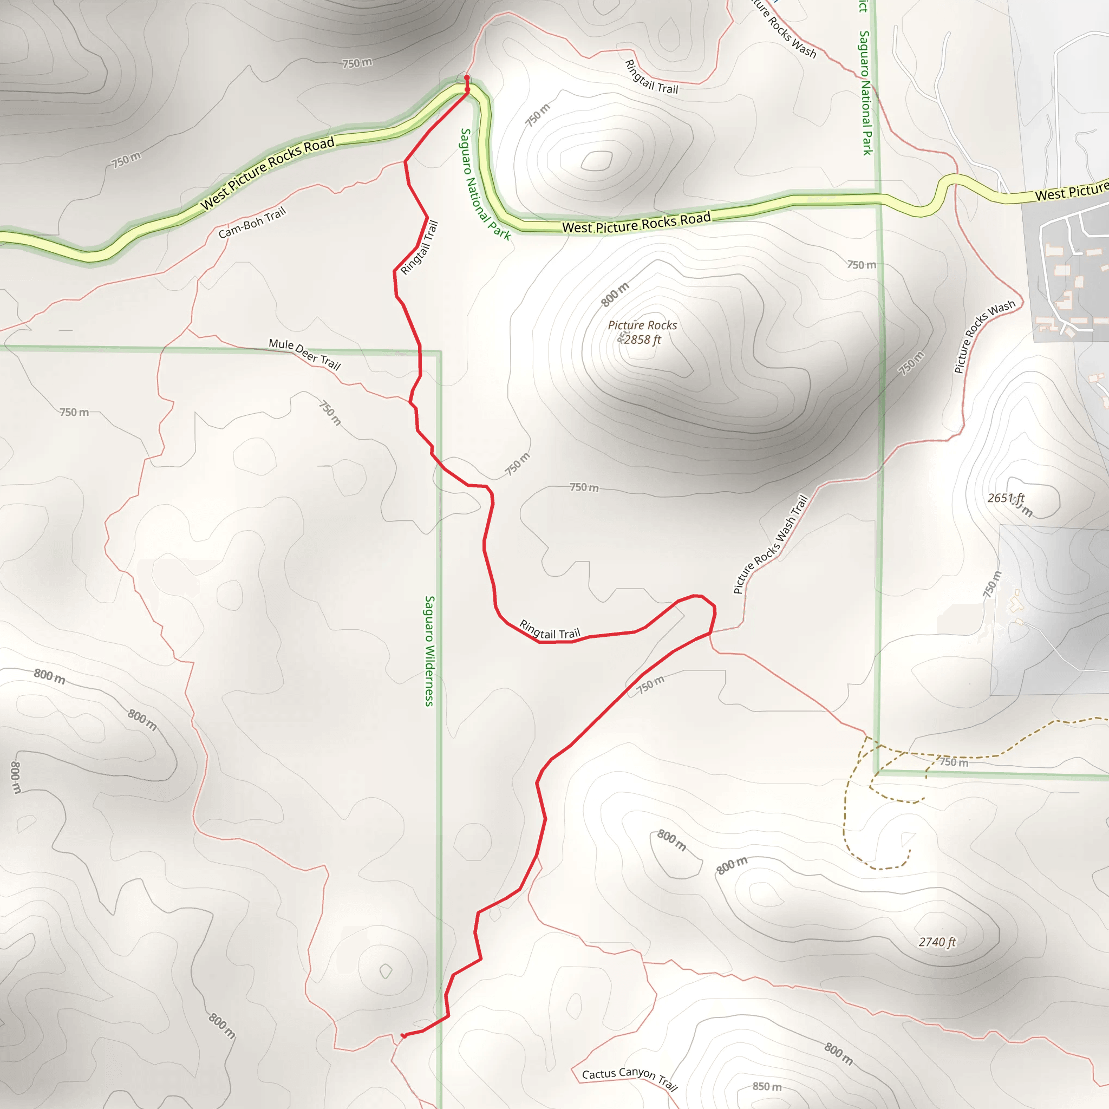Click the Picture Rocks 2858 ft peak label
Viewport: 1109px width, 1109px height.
(642, 332)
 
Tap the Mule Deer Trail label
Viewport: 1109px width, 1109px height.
(305, 354)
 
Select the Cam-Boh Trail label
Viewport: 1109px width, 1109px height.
(252, 223)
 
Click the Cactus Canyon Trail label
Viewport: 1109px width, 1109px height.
(630, 1078)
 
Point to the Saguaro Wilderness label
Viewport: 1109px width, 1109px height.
(429, 650)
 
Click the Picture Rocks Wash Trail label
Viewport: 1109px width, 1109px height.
(771, 544)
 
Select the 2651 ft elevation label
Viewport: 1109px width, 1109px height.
(1005, 498)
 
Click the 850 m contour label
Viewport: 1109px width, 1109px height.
(767, 1086)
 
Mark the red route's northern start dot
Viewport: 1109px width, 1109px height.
(467, 77)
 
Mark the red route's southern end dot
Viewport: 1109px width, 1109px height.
(404, 1036)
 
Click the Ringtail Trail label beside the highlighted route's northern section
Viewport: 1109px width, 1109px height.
(419, 247)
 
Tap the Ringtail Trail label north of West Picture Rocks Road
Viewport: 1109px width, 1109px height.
(651, 77)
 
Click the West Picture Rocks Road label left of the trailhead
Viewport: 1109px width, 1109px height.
(267, 173)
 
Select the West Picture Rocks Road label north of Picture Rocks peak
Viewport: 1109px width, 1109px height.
(636, 223)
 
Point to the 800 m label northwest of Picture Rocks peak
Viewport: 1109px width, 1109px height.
(615, 295)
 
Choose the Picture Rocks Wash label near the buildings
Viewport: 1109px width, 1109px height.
(984, 336)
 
